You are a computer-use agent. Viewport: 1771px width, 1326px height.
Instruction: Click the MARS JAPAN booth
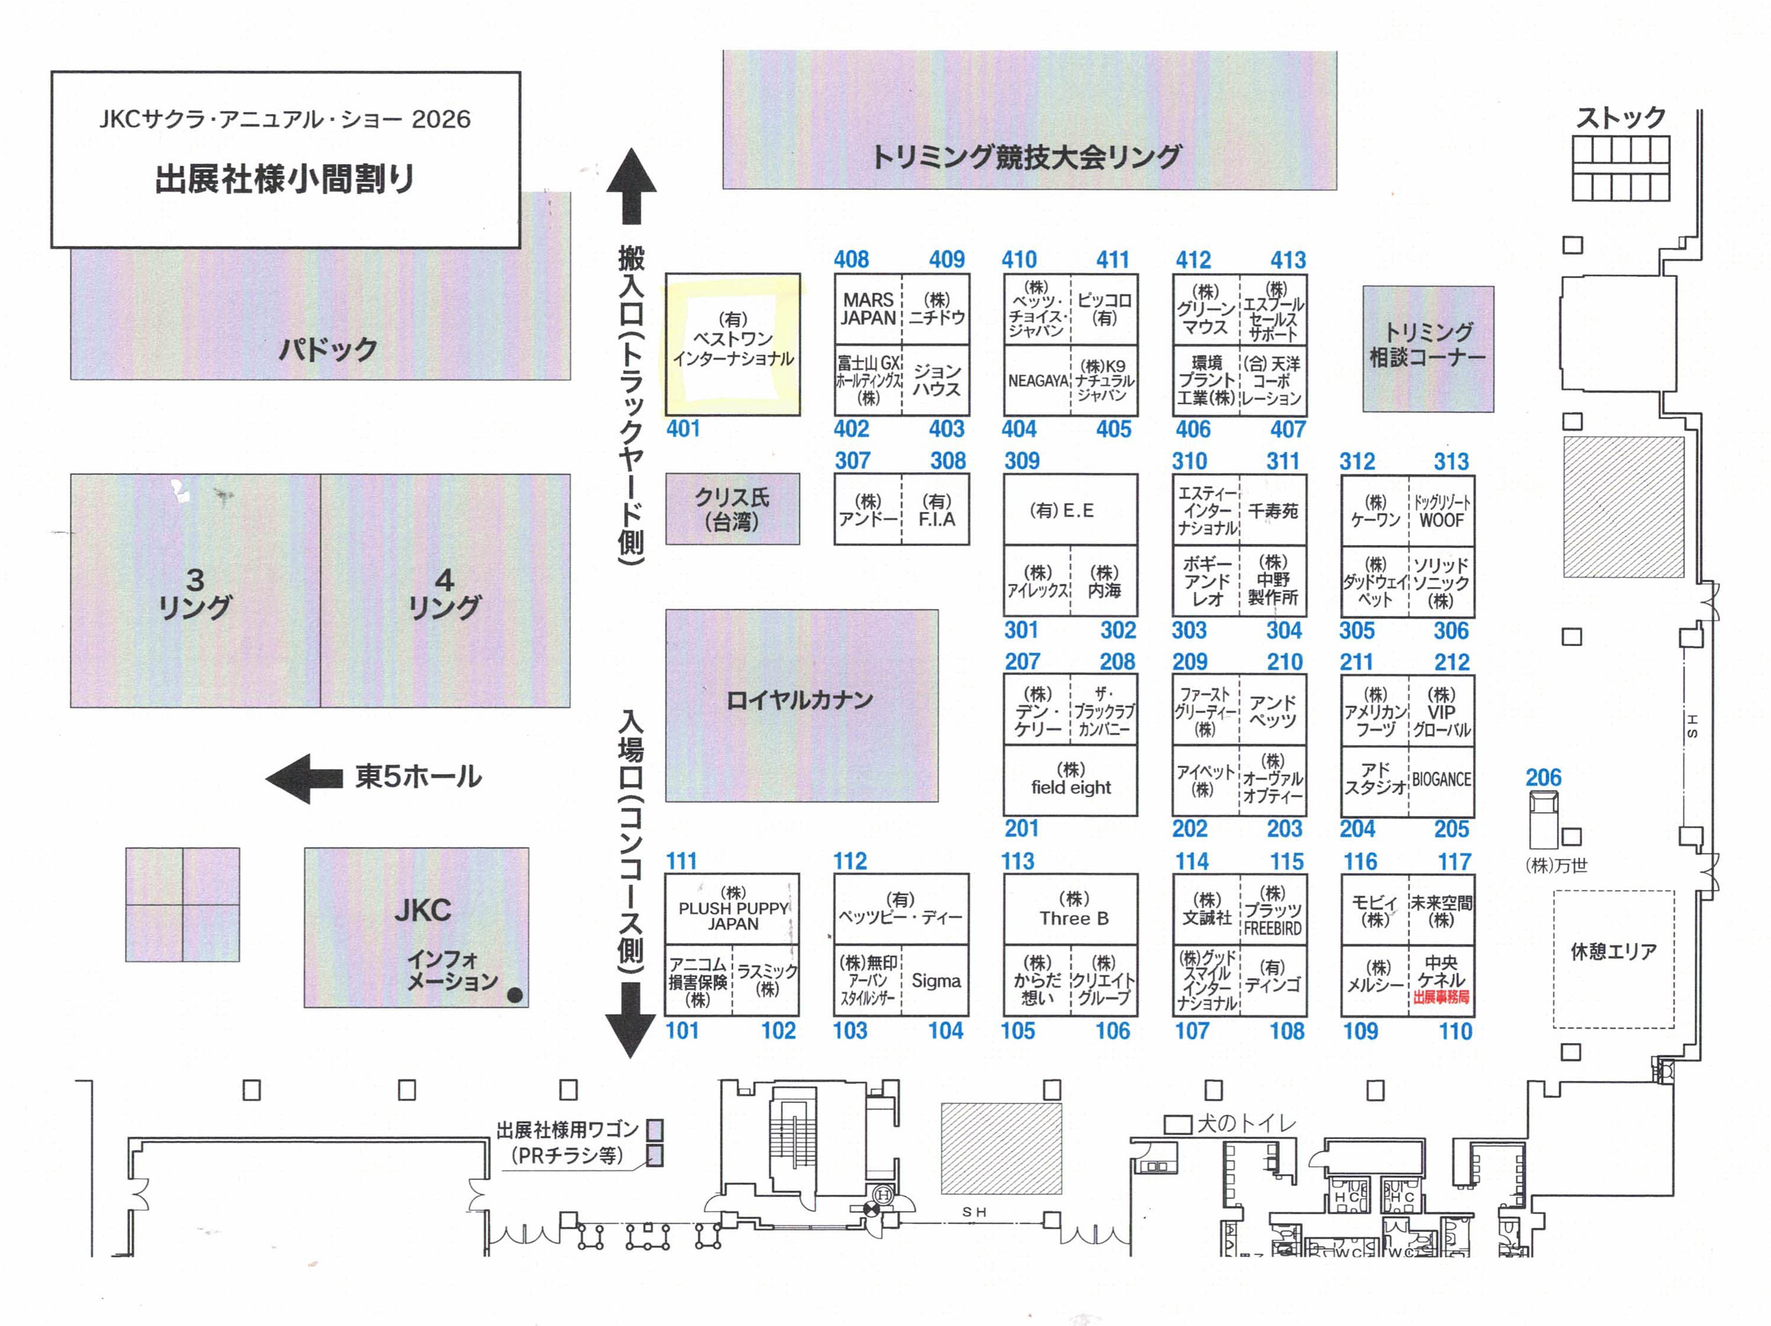(868, 309)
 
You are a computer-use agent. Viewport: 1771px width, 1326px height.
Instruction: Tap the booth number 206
(1543, 777)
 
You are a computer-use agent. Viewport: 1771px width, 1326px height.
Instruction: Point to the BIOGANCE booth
(1441, 779)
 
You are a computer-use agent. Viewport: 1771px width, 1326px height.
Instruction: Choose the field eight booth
(1070, 780)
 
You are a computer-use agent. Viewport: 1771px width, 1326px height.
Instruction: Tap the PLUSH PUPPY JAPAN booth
(733, 909)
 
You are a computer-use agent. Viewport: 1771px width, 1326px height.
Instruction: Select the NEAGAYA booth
(1038, 381)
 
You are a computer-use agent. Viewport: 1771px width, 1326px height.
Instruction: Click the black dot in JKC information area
(515, 995)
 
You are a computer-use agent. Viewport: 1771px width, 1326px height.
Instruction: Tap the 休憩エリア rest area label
(1612, 952)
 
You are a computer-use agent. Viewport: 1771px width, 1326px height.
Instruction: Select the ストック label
(1621, 118)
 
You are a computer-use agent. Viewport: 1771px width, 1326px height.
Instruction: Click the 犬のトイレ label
(1245, 1124)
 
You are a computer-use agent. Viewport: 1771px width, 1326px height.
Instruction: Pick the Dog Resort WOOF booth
(1441, 511)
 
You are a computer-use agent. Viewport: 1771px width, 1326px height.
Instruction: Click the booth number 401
(683, 429)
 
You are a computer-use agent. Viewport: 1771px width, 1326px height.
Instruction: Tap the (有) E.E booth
(1062, 511)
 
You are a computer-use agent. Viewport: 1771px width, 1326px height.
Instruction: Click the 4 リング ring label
(444, 592)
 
